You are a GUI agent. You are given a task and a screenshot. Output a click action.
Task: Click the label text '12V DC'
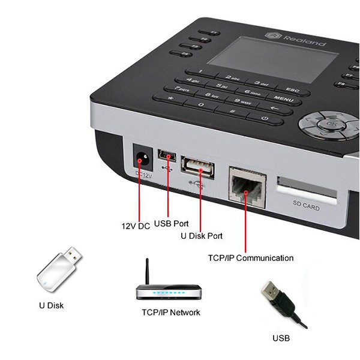pyautogui.click(x=136, y=226)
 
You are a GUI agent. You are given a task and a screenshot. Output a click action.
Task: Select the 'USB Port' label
pyautogui.click(x=171, y=223)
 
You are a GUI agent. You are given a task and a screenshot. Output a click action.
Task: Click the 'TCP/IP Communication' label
pyautogui.click(x=250, y=258)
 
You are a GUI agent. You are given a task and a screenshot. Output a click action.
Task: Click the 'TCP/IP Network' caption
pyautogui.click(x=170, y=313)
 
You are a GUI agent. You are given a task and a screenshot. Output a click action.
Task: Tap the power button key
pyautogui.click(x=265, y=118)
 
